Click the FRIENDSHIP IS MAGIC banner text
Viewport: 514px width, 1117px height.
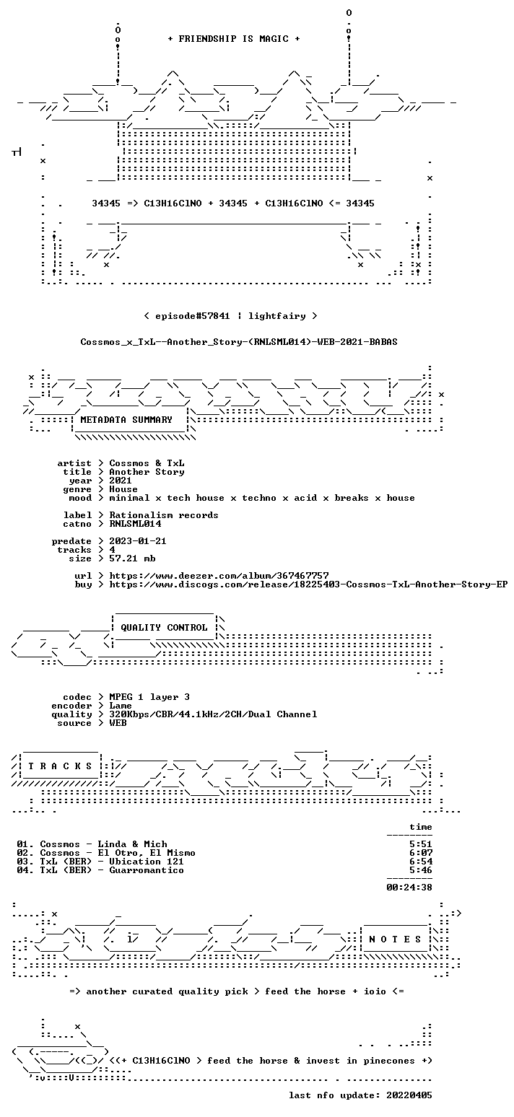click(x=234, y=39)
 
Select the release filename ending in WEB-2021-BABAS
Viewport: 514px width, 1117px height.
click(x=239, y=342)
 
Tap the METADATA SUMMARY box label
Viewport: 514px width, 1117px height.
click(x=126, y=420)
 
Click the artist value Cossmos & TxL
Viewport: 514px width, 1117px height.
click(x=147, y=463)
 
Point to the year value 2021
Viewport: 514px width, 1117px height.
click(x=121, y=481)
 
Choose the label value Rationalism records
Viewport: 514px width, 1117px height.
click(x=164, y=515)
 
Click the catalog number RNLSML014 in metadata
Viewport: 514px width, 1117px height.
click(x=135, y=524)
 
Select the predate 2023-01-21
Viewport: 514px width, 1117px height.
click(x=138, y=541)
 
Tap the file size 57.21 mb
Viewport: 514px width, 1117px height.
click(x=132, y=558)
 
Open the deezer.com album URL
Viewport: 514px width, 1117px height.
click(x=219, y=576)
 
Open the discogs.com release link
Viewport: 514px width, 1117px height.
click(x=308, y=584)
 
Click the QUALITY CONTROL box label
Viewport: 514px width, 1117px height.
click(x=164, y=628)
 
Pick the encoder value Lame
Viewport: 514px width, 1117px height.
click(x=121, y=706)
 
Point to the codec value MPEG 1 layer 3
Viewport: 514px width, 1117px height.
click(x=149, y=697)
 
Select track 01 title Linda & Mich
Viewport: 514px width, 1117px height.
click(x=132, y=844)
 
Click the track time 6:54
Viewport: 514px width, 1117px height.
click(x=421, y=862)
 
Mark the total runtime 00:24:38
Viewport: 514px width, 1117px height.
click(x=409, y=888)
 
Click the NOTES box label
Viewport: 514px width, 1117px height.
click(x=395, y=939)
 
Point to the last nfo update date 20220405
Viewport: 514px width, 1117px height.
click(x=409, y=1095)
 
